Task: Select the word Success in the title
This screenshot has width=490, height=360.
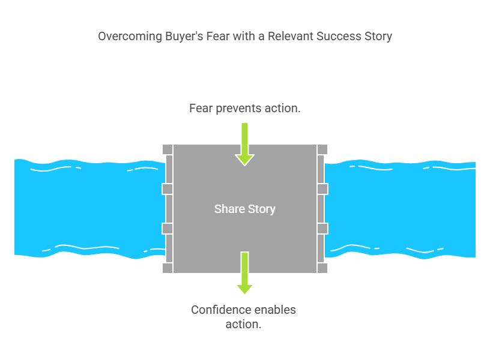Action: [x=339, y=36]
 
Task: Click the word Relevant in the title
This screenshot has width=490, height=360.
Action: [x=290, y=36]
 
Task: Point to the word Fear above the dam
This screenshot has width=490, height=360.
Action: [x=201, y=109]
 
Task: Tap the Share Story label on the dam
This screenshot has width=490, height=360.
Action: [x=244, y=209]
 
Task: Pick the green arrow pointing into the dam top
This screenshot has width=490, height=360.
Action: [x=244, y=144]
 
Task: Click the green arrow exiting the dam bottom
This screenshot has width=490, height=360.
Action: [x=244, y=273]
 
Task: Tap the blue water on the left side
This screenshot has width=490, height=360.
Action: [x=89, y=209]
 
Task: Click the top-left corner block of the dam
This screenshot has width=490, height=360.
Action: [x=168, y=149]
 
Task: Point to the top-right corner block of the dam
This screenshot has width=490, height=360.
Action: [x=322, y=149]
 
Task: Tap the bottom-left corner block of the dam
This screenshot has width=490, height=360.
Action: [x=168, y=268]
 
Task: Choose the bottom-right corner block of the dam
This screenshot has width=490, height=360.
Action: [x=322, y=268]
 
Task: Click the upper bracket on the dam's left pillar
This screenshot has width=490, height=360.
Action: [x=167, y=189]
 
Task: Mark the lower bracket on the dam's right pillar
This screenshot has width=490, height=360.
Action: [x=322, y=229]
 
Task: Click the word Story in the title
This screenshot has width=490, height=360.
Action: [x=378, y=37]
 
